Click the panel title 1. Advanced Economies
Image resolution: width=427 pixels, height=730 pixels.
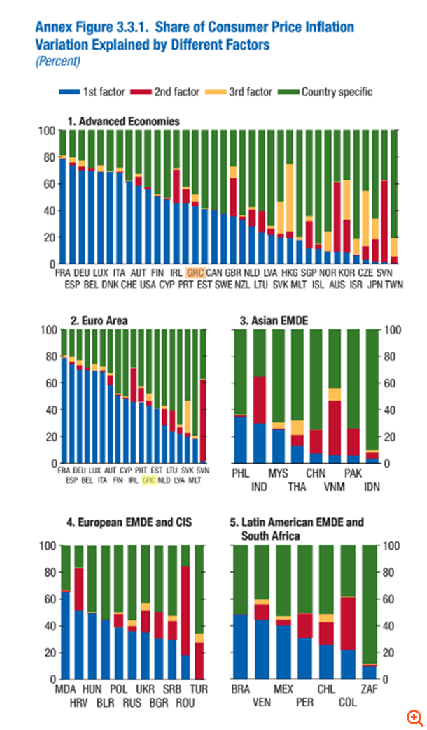pos(123,122)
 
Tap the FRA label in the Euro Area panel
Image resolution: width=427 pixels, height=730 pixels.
pos(64,471)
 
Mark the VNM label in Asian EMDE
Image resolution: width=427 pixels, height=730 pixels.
pos(335,486)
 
